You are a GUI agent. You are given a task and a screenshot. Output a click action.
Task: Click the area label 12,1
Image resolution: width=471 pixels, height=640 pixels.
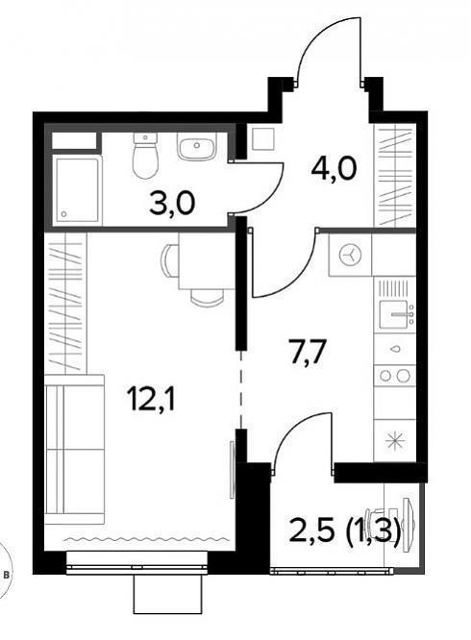(151, 398)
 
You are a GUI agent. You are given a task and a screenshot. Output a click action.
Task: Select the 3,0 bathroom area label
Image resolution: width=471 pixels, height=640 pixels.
(171, 204)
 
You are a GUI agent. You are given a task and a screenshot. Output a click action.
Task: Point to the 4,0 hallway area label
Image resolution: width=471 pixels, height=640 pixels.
(334, 168)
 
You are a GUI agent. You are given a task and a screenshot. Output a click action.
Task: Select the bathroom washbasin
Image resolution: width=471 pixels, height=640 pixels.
(196, 147)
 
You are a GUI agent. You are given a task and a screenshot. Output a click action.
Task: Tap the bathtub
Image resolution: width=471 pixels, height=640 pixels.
(77, 189)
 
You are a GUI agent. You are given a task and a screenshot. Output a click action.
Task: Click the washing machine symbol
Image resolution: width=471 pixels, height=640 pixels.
(351, 255)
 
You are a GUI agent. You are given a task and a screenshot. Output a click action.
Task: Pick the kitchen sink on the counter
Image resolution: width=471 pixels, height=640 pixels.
(395, 314)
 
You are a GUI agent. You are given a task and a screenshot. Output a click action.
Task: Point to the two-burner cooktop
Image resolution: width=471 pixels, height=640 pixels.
(395, 375)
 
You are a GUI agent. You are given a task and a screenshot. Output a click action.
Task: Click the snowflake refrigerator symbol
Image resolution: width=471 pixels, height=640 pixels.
(395, 441)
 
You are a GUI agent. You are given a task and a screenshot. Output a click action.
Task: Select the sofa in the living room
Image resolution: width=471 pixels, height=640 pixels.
(74, 450)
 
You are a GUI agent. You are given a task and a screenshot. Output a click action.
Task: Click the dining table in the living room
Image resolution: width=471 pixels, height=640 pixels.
(206, 260)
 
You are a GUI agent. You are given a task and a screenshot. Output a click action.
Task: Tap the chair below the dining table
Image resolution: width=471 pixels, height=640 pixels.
(207, 297)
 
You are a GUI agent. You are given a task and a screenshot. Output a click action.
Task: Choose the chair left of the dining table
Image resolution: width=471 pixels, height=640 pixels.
(170, 260)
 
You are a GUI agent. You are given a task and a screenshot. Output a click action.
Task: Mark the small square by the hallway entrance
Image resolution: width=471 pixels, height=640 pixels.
(263, 138)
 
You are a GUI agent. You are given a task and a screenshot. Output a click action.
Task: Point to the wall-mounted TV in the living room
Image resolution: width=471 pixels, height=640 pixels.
(233, 469)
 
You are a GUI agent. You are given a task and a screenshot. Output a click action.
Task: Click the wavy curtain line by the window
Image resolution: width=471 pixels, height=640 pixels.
(145, 540)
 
